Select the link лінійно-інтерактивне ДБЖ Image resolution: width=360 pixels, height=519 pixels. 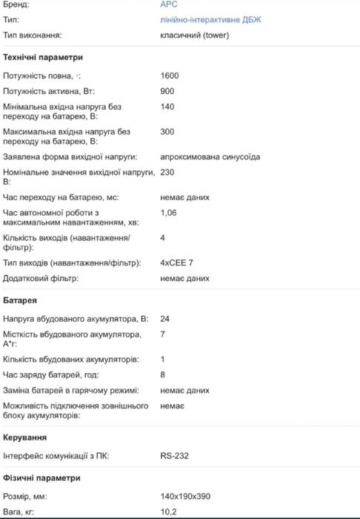pyautogui.click(x=210, y=19)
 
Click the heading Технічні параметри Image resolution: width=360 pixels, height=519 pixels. pyautogui.click(x=43, y=57)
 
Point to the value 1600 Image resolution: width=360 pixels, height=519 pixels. pyautogui.click(x=170, y=76)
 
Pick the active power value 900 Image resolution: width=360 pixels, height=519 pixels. pyautogui.click(x=167, y=91)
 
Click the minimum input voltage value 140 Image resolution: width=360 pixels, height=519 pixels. pyautogui.click(x=167, y=107)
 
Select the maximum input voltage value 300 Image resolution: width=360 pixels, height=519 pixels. pyautogui.click(x=167, y=131)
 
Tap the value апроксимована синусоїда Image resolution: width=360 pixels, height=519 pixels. pyautogui.click(x=210, y=156)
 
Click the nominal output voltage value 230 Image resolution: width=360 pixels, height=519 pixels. pyautogui.click(x=167, y=172)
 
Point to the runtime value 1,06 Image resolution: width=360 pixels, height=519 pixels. pyautogui.click(x=170, y=213)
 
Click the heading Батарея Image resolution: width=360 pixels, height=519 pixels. pyautogui.click(x=21, y=300)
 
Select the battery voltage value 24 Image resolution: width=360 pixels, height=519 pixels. pyautogui.click(x=165, y=319)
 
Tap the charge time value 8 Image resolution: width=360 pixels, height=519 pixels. pyautogui.click(x=162, y=375)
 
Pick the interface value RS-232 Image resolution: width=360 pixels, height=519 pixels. pyautogui.click(x=174, y=456)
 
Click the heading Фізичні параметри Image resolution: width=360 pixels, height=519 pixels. pyautogui.click(x=42, y=477)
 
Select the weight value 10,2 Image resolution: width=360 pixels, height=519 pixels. pyautogui.click(x=169, y=512)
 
